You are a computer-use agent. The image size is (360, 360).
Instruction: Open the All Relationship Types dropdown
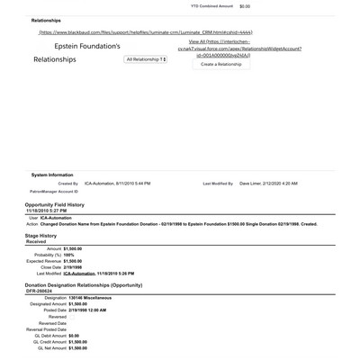click(x=146, y=59)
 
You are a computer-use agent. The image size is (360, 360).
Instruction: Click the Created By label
click(x=67, y=183)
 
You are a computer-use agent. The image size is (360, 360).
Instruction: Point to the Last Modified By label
click(x=218, y=183)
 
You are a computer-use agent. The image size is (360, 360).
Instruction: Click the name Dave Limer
click(x=253, y=183)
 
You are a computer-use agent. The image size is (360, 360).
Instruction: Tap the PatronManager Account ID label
click(x=52, y=191)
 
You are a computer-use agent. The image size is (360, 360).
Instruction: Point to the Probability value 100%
click(x=76, y=255)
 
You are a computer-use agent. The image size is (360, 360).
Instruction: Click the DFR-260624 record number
click(x=40, y=291)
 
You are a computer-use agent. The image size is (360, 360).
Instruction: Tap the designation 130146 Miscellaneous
click(x=90, y=297)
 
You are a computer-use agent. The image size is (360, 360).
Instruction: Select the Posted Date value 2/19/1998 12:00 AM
click(x=100, y=310)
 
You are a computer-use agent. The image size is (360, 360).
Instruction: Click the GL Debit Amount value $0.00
click(x=79, y=336)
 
